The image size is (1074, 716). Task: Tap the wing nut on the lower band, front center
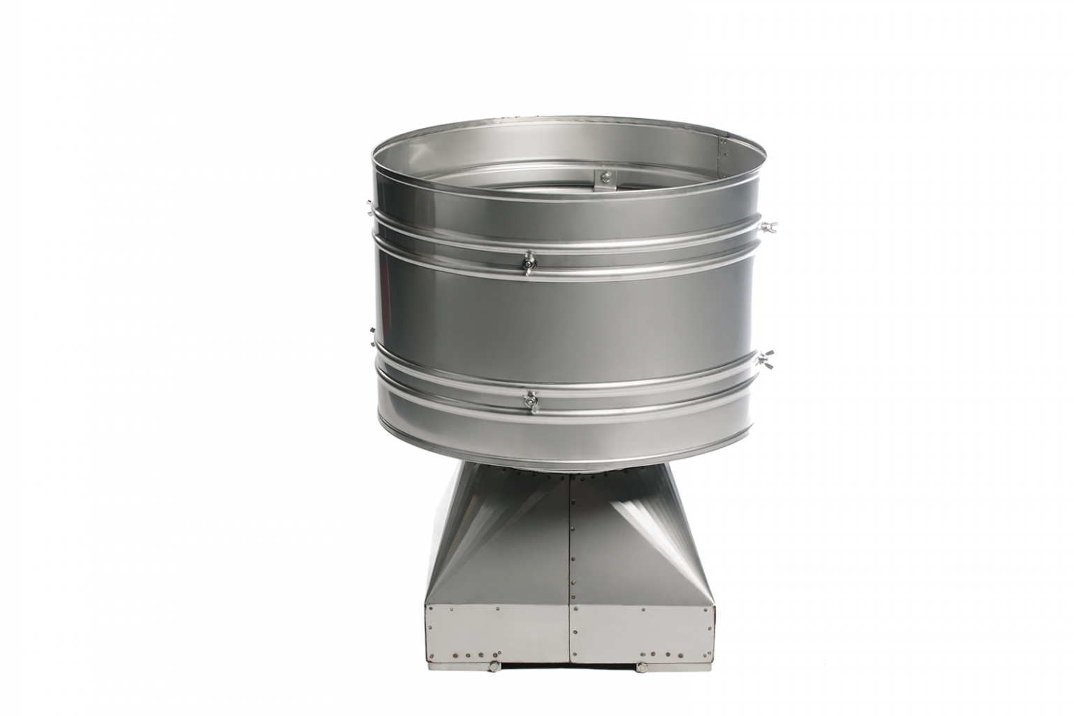pos(531,401)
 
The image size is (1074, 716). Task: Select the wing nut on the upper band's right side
pos(769,227)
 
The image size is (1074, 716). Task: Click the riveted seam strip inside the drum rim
pos(725,145)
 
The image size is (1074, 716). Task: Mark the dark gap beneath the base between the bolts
pos(566,666)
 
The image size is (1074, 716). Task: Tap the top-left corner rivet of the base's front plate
pos(431,610)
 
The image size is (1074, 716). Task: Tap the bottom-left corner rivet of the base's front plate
pos(431,656)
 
